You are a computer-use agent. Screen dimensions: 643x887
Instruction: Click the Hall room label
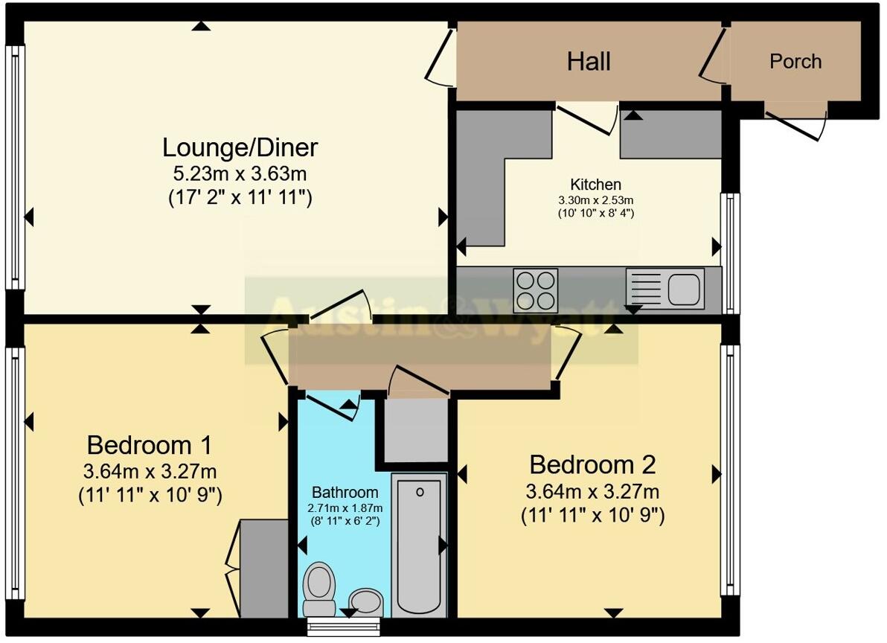(589, 62)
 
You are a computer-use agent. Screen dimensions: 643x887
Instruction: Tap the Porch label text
(795, 61)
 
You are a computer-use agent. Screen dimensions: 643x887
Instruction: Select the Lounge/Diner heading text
(240, 147)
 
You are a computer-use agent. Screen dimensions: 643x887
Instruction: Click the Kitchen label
(595, 185)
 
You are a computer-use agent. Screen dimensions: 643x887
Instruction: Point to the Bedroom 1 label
(150, 446)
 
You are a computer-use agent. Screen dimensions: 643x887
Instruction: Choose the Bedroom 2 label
(592, 465)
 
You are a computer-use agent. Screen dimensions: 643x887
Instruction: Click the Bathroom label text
(345, 493)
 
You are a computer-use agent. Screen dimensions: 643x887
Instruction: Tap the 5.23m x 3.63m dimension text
(240, 174)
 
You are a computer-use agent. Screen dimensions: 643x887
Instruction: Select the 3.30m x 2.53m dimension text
(595, 199)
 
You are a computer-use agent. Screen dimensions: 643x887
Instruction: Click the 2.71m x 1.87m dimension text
(345, 508)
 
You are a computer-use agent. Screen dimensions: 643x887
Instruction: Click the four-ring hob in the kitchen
(536, 289)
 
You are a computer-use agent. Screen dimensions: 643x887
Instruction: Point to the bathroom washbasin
(365, 601)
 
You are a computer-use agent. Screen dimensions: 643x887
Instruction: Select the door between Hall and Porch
(714, 56)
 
